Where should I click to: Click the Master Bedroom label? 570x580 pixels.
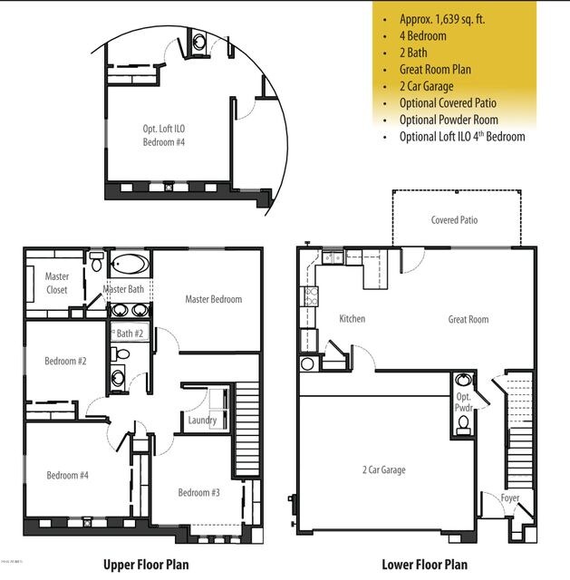tap(213, 299)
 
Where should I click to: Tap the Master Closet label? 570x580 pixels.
tap(44, 284)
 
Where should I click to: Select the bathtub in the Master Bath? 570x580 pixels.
tap(131, 266)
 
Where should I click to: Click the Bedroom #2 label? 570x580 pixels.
tap(65, 362)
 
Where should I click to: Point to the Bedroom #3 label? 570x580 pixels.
tap(199, 492)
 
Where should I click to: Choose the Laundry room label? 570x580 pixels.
tap(201, 420)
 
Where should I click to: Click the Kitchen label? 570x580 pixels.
tap(352, 319)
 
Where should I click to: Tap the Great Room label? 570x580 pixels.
tap(468, 319)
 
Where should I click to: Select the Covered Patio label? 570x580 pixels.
tap(454, 220)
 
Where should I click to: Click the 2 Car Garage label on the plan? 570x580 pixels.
tap(383, 469)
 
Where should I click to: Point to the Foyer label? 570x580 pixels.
tap(510, 498)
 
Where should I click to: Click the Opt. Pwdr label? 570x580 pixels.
tap(463, 403)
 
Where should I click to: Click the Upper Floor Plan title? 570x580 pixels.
tap(146, 565)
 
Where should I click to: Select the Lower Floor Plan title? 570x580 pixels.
tap(424, 565)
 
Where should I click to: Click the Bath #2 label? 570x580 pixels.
tap(130, 333)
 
